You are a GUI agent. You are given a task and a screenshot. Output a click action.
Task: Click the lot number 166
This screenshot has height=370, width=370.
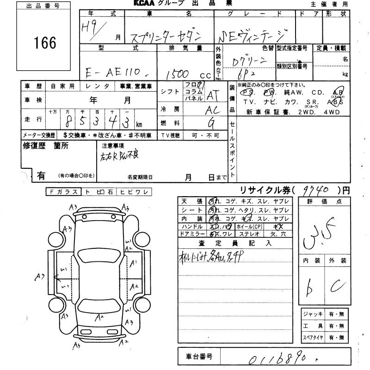coord(45,43)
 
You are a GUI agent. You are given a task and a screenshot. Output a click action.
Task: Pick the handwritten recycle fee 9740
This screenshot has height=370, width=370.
coord(318,190)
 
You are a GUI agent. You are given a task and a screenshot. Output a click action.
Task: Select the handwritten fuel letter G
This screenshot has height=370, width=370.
coord(211,123)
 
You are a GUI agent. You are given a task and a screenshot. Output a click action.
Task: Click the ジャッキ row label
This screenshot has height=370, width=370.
coord(314,314)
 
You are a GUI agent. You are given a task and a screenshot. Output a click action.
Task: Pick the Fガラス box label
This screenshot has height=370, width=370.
coord(62,191)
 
